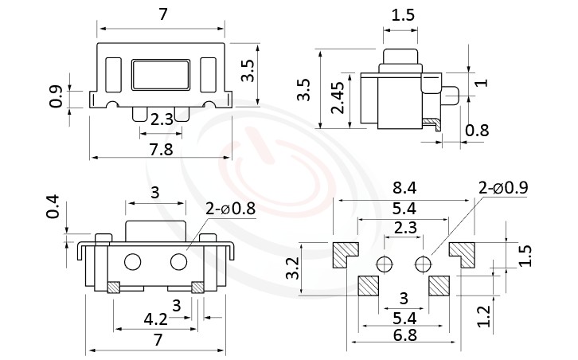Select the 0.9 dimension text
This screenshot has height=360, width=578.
[x=57, y=96]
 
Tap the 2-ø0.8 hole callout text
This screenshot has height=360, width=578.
[x=230, y=209]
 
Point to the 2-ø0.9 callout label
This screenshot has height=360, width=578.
[x=502, y=188]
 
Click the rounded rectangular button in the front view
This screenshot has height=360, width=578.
[x=160, y=74]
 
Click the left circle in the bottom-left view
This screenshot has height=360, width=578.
[x=133, y=261]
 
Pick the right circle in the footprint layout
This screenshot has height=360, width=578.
[x=421, y=264]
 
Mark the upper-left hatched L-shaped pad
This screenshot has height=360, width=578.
[x=345, y=253]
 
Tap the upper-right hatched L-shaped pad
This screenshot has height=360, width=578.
[x=462, y=253]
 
